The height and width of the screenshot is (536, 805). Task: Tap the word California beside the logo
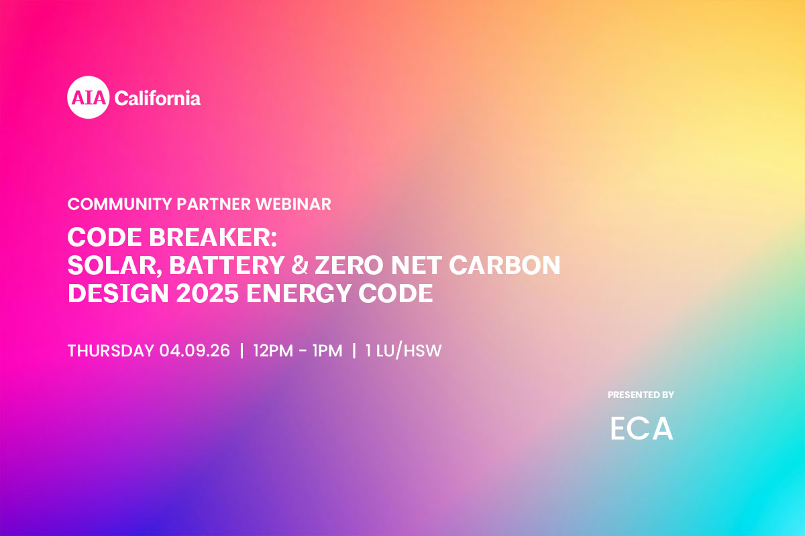158,98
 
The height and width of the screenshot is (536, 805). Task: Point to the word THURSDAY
111,350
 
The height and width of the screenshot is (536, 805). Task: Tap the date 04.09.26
195,350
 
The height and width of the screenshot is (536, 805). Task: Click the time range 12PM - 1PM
298,350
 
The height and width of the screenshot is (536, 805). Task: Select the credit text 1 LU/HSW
403,350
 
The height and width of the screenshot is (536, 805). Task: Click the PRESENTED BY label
641,395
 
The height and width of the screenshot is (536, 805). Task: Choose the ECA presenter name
641,429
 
